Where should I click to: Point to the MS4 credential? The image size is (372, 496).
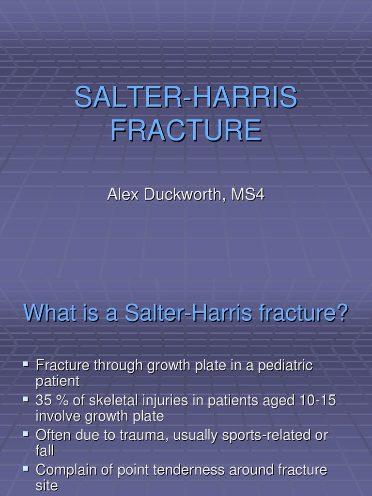pyautogui.click(x=248, y=195)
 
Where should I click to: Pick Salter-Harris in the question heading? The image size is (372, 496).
pyautogui.click(x=188, y=313)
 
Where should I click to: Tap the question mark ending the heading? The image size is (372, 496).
pyautogui.click(x=342, y=313)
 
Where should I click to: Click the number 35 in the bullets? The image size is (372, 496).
pyautogui.click(x=44, y=401)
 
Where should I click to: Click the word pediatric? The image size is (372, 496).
pyautogui.click(x=285, y=366)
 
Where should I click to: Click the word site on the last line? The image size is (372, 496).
pyautogui.click(x=46, y=486)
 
